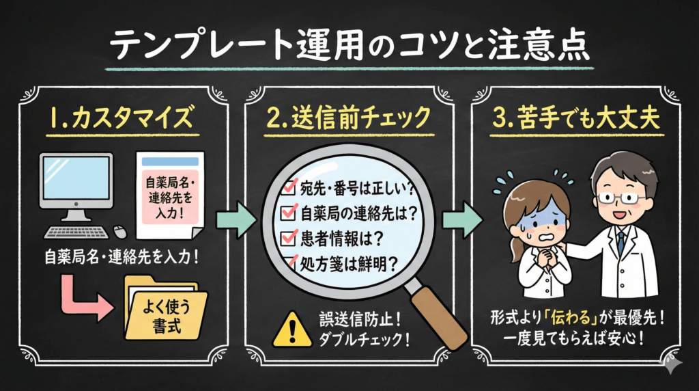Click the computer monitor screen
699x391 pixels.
click(76, 180)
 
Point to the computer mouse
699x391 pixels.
click(118, 232)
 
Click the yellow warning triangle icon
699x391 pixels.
click(291, 329)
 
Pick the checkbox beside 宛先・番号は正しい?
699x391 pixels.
click(287, 186)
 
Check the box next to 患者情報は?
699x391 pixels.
click(287, 239)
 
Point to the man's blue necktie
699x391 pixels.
click(620, 242)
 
